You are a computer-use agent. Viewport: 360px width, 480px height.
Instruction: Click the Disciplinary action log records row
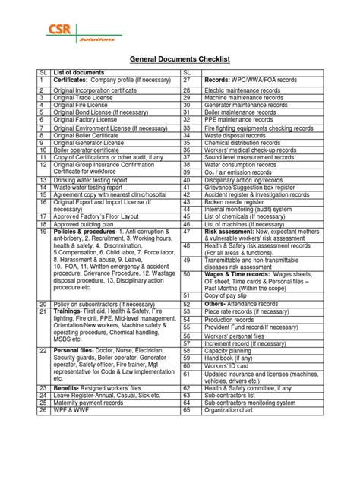[x=249, y=181]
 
